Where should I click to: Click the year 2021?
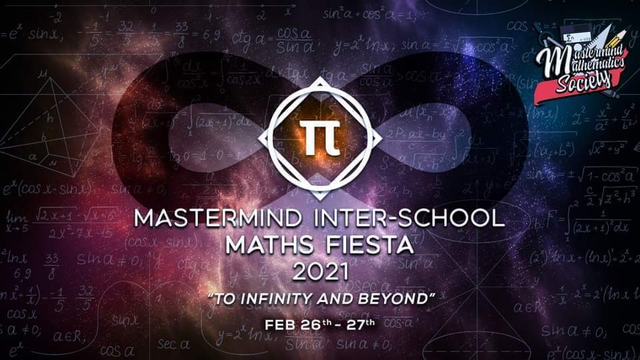coord(320,271)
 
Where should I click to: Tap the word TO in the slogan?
coord(221,299)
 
